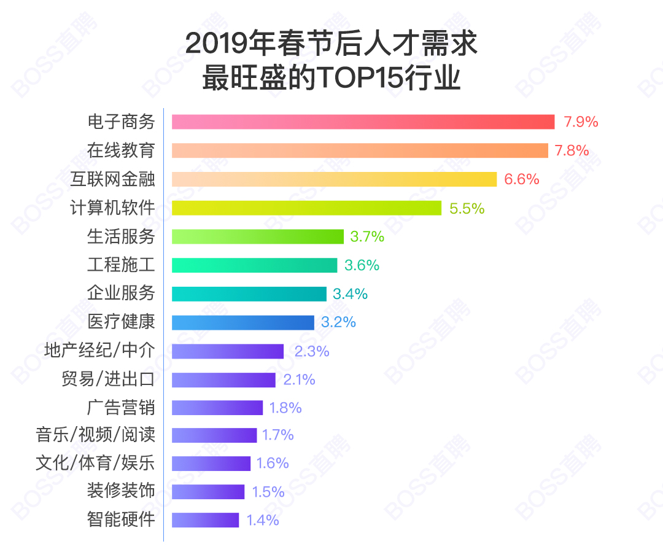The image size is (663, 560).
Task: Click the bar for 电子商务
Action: pyautogui.click(x=363, y=122)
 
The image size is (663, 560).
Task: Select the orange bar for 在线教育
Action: pyautogui.click(x=360, y=150)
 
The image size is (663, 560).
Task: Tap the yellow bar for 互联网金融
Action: pyautogui.click(x=334, y=179)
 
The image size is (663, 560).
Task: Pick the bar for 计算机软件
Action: pyautogui.click(x=306, y=208)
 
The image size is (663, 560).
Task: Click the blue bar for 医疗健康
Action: pyautogui.click(x=242, y=322)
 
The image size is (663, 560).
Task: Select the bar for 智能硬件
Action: pyautogui.click(x=205, y=520)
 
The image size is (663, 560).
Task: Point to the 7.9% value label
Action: pyautogui.click(x=581, y=122)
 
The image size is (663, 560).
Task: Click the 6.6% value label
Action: pyautogui.click(x=521, y=179)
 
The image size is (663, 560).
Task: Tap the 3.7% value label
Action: pyautogui.click(x=366, y=236)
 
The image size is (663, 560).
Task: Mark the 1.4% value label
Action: pyautogui.click(x=262, y=520)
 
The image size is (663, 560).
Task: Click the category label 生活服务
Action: pyautogui.click(x=121, y=236)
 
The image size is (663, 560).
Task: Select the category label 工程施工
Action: pyautogui.click(x=121, y=265)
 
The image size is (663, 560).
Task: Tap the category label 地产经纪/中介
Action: pyautogui.click(x=99, y=351)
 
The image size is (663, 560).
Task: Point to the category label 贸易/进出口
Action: pyautogui.click(x=108, y=379)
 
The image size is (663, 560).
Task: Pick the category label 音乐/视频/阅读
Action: pyautogui.click(x=95, y=435)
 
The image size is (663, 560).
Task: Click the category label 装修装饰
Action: pyautogui.click(x=121, y=491)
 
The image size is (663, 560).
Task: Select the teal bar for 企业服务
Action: pyautogui.click(x=249, y=294)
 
